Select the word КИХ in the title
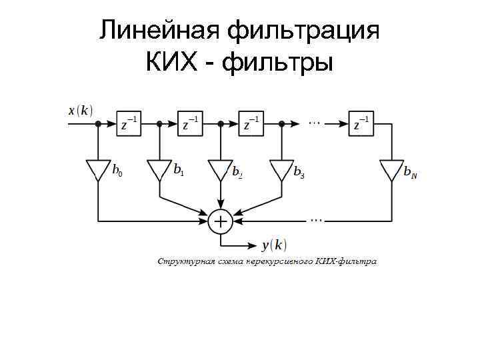coord(173,65)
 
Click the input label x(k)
coord(81,110)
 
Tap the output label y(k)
coord(274,245)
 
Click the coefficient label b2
coord(237,172)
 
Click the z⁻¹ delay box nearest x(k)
coord(129,124)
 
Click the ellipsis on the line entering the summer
coord(315,218)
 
